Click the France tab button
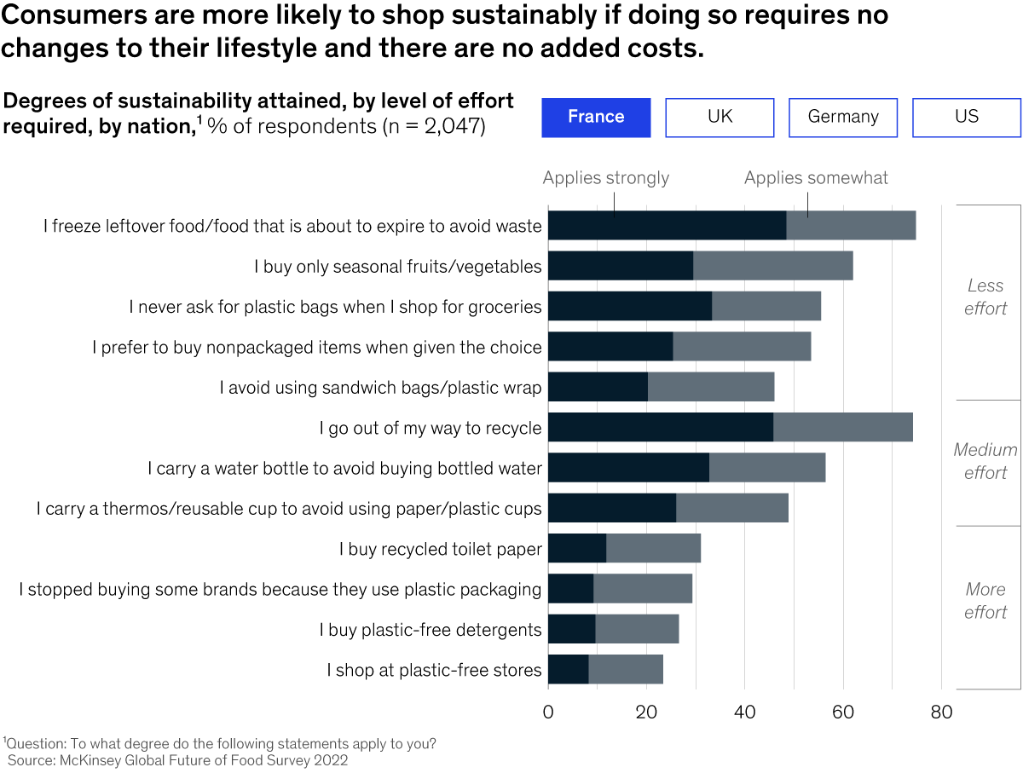pos(596,118)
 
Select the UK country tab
pos(720,118)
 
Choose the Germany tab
pos(843,118)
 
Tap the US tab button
pos(967,118)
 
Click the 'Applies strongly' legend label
pos(606,178)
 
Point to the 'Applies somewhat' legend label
pos(816,178)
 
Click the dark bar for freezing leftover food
pos(667,225)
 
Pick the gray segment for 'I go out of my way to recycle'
pos(842,427)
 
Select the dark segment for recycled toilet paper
pos(577,548)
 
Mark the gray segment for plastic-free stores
pos(626,670)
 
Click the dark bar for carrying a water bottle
pos(628,468)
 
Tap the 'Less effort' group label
pos(985,297)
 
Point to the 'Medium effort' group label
pos(985,461)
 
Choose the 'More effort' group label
pos(985,600)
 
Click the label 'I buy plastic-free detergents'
pos(431,630)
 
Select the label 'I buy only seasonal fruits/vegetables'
pos(397,267)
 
